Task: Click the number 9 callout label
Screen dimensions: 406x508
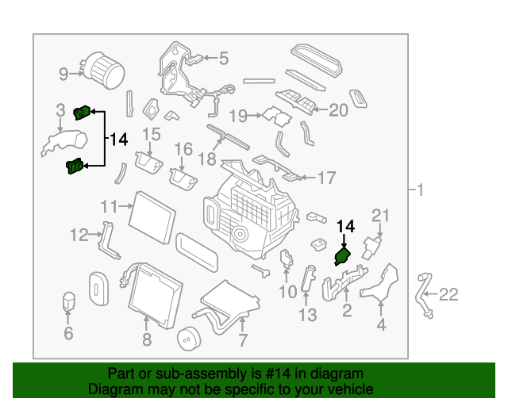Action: (x=64, y=75)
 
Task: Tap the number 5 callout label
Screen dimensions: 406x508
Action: (x=223, y=58)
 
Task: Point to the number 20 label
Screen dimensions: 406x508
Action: (x=338, y=111)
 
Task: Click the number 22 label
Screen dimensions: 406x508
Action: (x=448, y=295)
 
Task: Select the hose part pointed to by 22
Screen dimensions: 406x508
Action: (x=422, y=293)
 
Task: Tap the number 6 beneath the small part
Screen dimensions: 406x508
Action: (x=68, y=334)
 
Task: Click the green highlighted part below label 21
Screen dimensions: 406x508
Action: (x=343, y=256)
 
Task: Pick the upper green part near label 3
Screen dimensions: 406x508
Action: (x=80, y=113)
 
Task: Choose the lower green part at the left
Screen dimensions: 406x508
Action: (x=74, y=167)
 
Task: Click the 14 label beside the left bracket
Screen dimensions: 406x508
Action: (x=117, y=140)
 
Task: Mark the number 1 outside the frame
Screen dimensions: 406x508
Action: (x=420, y=190)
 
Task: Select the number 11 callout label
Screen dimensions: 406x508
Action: (x=110, y=206)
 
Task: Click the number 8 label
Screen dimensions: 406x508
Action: (x=146, y=342)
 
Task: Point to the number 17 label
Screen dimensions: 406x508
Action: (x=327, y=178)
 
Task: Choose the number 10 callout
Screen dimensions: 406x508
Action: (x=287, y=293)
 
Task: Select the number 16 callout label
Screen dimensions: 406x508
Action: (x=183, y=149)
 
